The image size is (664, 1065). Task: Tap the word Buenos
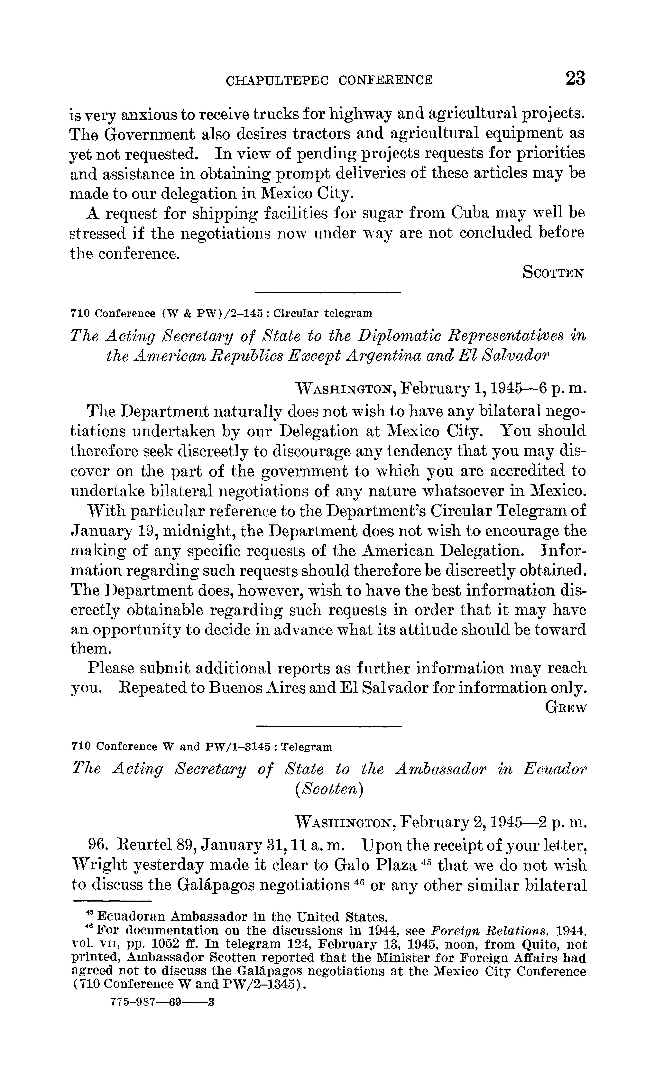[234, 688]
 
